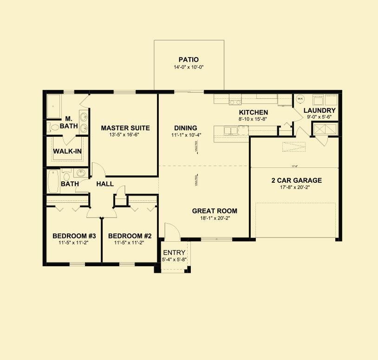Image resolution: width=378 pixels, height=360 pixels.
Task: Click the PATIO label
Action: [x=189, y=59]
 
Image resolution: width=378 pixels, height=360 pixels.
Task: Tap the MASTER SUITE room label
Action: [x=125, y=128]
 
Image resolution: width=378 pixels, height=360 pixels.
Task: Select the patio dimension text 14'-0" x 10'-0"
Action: [x=189, y=67]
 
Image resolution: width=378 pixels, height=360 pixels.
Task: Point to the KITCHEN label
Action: [x=253, y=112]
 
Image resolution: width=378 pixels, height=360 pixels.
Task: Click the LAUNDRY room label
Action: [x=319, y=110]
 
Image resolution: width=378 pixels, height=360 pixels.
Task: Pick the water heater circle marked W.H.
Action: [x=300, y=98]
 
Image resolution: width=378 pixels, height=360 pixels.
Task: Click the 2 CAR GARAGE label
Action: [x=296, y=180]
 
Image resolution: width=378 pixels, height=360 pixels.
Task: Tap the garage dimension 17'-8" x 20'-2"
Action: [x=296, y=188]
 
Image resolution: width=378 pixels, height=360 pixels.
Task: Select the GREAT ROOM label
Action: [x=215, y=211]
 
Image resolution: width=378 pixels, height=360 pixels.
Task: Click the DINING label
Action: [x=185, y=128]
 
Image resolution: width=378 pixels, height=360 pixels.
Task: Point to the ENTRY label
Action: [x=174, y=253]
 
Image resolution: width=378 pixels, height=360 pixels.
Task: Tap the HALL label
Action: [x=105, y=184]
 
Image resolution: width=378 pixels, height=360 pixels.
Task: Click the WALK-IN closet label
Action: [x=68, y=151]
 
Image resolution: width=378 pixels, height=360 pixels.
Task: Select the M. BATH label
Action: [x=72, y=122]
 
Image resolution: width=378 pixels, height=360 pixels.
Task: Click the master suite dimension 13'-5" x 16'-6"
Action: [x=125, y=135]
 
